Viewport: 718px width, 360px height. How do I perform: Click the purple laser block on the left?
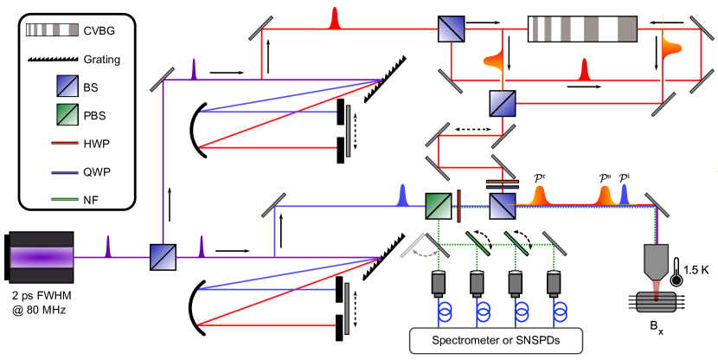42,257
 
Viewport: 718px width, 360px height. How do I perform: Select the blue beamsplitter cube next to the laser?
163,257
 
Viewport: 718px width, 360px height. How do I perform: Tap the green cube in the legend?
67,114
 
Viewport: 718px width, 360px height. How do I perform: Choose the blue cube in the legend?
67,86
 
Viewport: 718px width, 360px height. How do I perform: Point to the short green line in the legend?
65,199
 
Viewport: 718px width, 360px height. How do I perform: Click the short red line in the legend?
65,143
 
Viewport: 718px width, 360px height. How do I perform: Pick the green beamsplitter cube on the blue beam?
439,206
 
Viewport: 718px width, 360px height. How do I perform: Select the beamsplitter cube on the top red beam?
451,29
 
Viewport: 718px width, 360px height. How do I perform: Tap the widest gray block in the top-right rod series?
627,29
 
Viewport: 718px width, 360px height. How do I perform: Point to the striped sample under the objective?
656,302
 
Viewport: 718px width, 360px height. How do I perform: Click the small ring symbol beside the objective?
676,280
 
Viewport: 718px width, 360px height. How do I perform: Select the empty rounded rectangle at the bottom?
496,340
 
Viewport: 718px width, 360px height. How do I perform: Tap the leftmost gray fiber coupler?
439,282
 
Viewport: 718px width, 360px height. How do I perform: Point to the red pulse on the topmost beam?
335,18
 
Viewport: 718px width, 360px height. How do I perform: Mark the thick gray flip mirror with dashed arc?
413,245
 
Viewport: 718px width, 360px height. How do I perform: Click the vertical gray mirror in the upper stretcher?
348,131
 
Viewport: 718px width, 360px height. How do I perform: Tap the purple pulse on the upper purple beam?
194,69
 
